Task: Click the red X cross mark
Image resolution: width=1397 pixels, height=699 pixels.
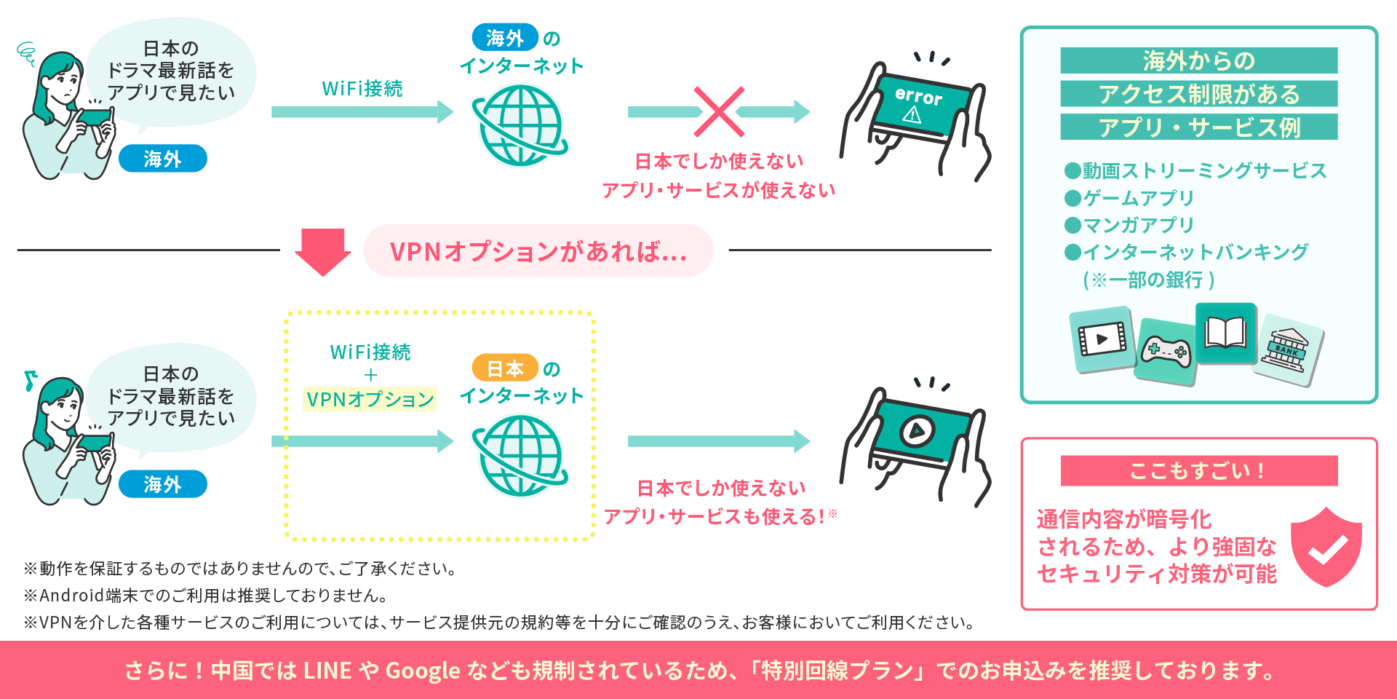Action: click(x=719, y=112)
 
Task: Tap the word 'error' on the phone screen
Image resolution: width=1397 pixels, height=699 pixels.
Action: click(x=918, y=95)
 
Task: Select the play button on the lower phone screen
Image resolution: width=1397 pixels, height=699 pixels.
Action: click(x=917, y=430)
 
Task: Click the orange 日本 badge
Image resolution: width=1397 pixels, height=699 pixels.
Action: click(x=505, y=368)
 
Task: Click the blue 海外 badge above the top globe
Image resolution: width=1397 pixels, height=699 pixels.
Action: click(x=505, y=38)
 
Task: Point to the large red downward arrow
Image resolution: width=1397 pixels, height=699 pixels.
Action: click(x=323, y=252)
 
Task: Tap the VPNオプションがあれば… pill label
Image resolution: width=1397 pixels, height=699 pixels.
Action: click(x=538, y=251)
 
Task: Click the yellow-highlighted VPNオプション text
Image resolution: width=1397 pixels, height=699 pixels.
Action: click(x=370, y=399)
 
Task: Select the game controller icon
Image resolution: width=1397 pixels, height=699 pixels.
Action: click(x=1166, y=352)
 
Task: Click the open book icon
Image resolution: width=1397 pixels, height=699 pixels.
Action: click(x=1226, y=333)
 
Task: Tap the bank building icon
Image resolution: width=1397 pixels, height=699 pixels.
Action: click(x=1287, y=349)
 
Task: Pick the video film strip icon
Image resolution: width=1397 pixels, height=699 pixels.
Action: click(x=1102, y=339)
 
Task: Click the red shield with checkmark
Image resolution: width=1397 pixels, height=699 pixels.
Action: click(x=1326, y=548)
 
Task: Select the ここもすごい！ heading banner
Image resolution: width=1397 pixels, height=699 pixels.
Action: click(x=1199, y=470)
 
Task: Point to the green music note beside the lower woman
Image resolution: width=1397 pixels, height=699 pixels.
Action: click(x=30, y=380)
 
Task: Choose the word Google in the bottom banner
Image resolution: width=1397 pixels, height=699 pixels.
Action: click(x=423, y=671)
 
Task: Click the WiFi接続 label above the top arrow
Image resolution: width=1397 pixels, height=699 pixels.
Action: click(x=362, y=89)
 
